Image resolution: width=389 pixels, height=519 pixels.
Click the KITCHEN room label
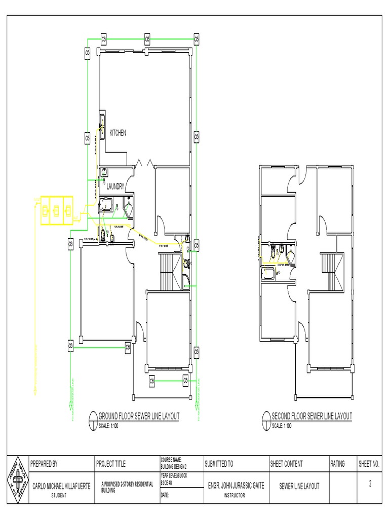118,133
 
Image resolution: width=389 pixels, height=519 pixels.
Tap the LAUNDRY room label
115,187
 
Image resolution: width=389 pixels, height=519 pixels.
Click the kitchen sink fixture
102,120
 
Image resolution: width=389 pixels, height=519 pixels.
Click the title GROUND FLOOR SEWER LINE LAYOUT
138,416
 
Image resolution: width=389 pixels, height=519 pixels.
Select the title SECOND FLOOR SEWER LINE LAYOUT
312,416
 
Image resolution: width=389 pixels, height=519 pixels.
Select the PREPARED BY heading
44,463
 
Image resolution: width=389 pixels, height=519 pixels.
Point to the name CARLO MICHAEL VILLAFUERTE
61,486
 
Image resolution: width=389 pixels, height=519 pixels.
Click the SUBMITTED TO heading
219,463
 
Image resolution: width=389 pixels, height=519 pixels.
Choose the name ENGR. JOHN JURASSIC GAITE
236,486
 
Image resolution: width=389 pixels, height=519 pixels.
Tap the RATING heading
337,463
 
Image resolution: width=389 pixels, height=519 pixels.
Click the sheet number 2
370,484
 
